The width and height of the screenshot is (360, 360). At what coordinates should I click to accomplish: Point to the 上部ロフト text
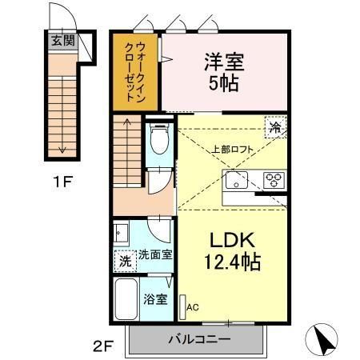click(231, 149)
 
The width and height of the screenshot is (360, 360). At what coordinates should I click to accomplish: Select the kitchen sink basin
click(238, 179)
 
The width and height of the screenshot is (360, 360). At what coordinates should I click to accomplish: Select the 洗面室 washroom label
click(156, 255)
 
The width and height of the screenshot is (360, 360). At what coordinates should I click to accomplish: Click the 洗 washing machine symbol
click(125, 260)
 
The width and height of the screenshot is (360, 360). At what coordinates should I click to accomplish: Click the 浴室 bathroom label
click(155, 300)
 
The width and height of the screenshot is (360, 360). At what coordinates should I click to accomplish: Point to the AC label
click(191, 306)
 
